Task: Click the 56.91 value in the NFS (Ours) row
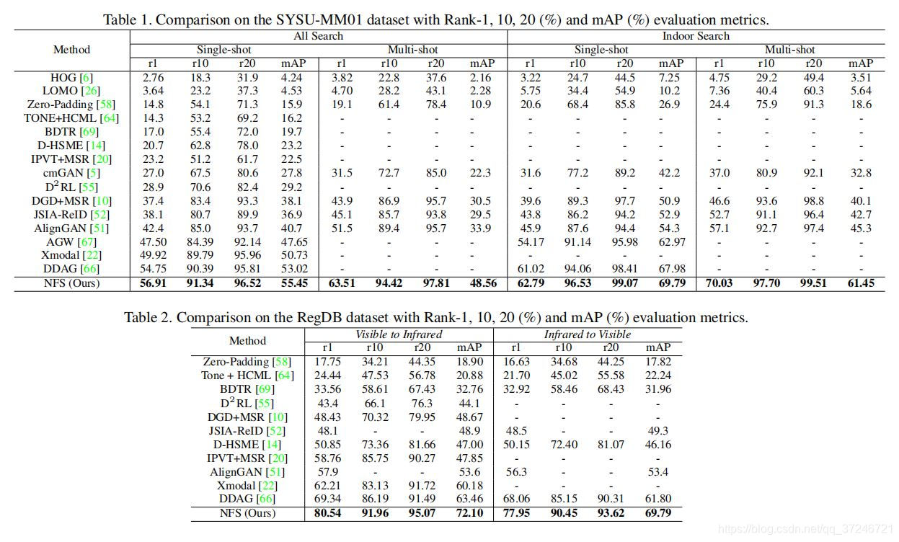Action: pos(153,283)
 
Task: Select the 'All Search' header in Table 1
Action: pos(318,36)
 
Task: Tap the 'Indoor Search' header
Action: pos(696,36)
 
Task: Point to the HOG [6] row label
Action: pos(71,77)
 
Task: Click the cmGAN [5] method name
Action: pos(71,173)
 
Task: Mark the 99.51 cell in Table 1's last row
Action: pos(814,283)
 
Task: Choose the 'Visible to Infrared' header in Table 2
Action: pos(399,334)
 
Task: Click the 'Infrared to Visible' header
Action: pos(587,334)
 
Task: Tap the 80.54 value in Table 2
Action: pos(327,513)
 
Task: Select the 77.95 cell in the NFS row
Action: pos(515,513)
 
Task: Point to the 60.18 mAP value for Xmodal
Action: pos(469,486)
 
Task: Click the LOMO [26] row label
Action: pos(71,91)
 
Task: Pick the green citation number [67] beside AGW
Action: pos(88,242)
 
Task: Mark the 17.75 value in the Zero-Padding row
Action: pos(327,362)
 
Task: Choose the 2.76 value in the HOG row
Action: pos(153,77)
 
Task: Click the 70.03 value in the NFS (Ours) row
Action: pos(719,283)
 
